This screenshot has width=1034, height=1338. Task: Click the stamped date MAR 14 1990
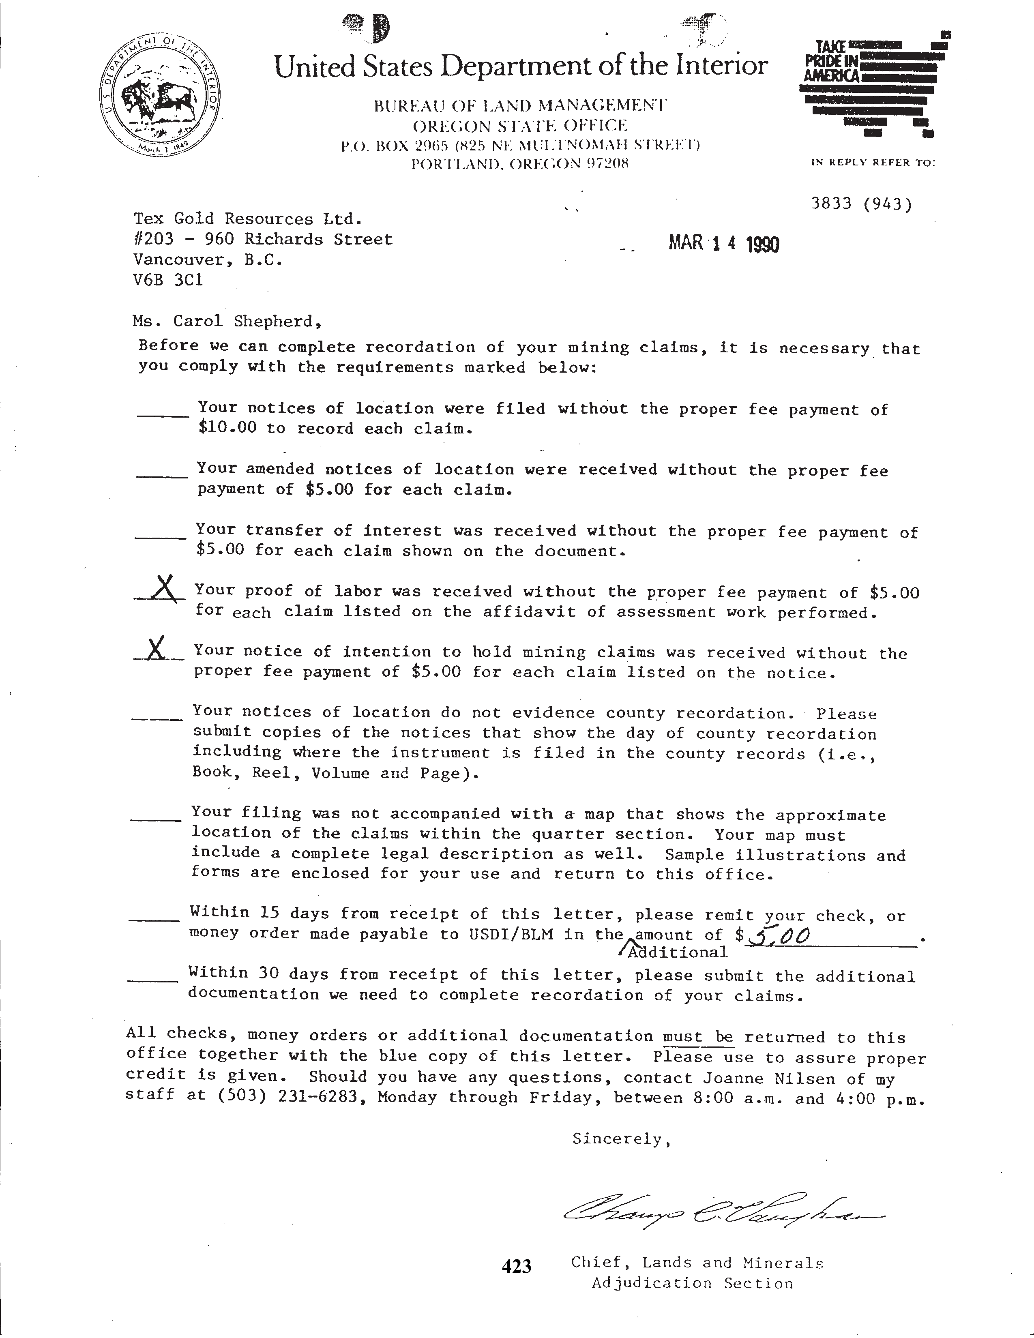pos(723,244)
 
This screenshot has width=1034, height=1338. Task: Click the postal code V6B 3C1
pos(168,280)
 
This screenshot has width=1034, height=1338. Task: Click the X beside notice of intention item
pos(157,648)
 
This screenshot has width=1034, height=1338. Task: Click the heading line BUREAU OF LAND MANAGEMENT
pos(520,106)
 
